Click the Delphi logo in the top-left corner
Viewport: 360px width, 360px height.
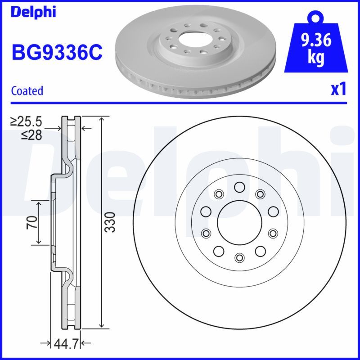pyautogui.click(x=33, y=12)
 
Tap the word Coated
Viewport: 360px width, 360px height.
pyautogui.click(x=27, y=90)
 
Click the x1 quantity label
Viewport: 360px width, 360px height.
pyautogui.click(x=338, y=90)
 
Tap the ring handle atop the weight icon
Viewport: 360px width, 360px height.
pyautogui.click(x=315, y=18)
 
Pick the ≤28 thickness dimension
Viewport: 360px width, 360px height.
pyautogui.click(x=31, y=135)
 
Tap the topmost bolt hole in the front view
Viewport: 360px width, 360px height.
pyautogui.click(x=239, y=186)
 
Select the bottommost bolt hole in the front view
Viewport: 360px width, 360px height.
pyautogui.click(x=239, y=257)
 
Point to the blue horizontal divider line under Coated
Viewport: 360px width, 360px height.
pyautogui.click(x=180, y=103)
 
